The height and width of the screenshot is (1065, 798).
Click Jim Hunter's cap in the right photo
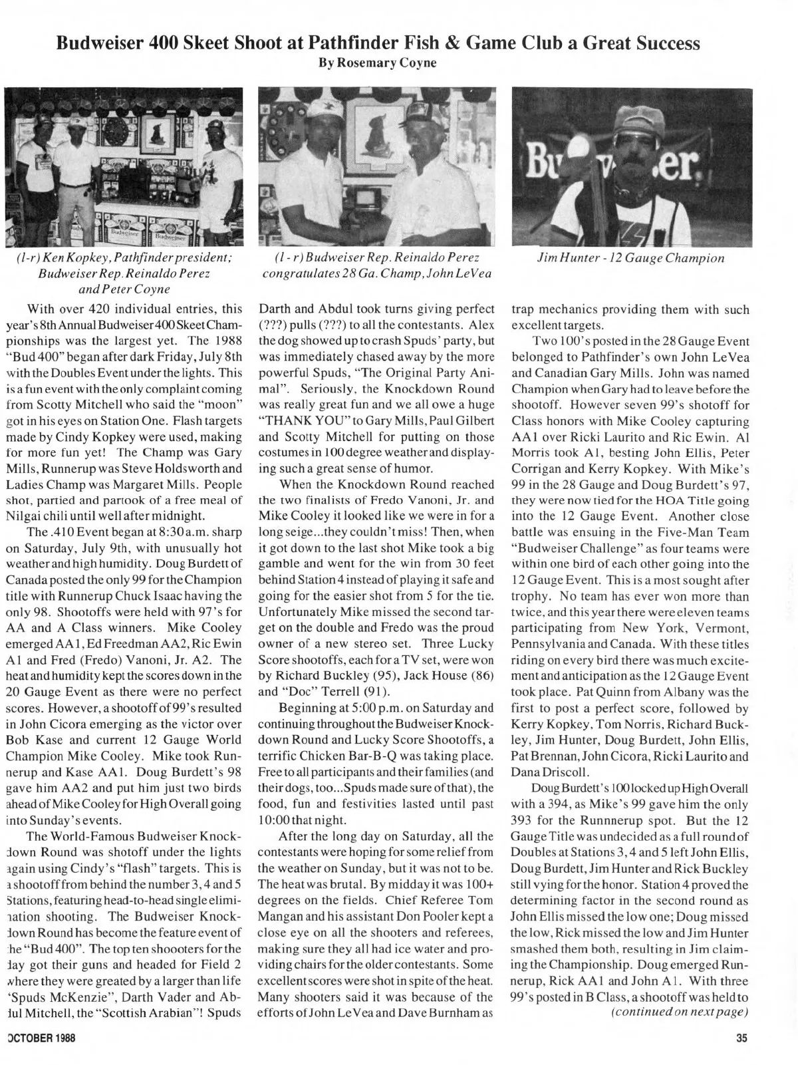(x=639, y=122)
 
